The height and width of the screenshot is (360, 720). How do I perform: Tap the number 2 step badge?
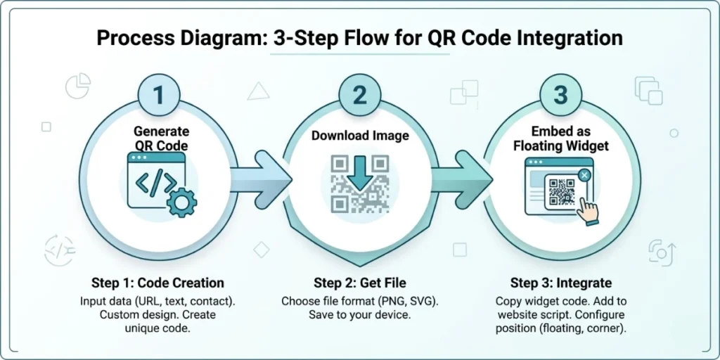pyautogui.click(x=359, y=94)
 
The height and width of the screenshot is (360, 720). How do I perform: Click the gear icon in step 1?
pyautogui.click(x=182, y=202)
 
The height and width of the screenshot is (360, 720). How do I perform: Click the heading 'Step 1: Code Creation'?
pyautogui.click(x=157, y=283)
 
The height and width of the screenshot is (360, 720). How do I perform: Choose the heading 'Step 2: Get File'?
pyautogui.click(x=360, y=283)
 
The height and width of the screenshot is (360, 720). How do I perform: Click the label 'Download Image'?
pyautogui.click(x=360, y=136)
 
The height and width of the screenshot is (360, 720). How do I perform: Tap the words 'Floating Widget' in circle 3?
pyautogui.click(x=561, y=146)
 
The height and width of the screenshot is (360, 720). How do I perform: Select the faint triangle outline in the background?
pyautogui.click(x=258, y=90)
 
